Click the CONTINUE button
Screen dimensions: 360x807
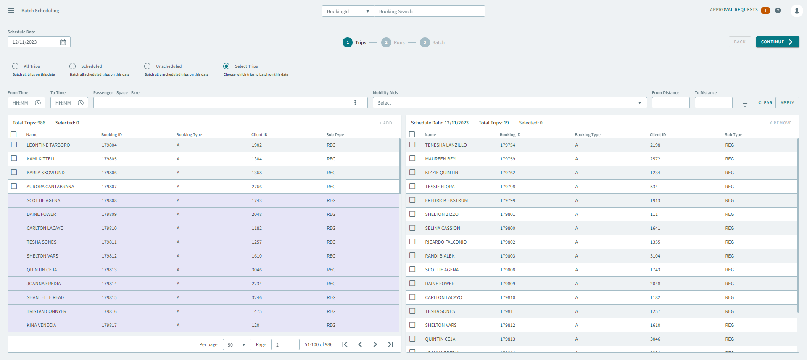[x=777, y=42]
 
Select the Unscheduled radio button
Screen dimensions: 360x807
[x=147, y=66]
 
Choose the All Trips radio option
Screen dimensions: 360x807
[x=16, y=66]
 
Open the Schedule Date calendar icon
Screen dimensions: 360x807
[x=63, y=42]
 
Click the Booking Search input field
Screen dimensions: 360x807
[x=429, y=11]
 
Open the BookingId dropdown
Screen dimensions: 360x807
[x=348, y=11]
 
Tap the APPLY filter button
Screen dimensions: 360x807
[x=787, y=103]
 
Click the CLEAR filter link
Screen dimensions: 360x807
[x=765, y=103]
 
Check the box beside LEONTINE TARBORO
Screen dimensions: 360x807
[x=14, y=145]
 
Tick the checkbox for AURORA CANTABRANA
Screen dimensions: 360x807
[x=14, y=186]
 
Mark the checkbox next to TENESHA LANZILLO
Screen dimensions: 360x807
[x=412, y=145]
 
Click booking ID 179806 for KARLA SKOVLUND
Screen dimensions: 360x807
[x=109, y=173]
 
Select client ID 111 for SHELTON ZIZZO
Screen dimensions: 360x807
[x=654, y=214]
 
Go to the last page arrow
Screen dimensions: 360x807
[x=390, y=344]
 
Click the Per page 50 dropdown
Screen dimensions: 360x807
[x=237, y=345]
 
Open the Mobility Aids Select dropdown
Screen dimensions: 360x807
[x=509, y=103]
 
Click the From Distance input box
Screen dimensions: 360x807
[x=670, y=103]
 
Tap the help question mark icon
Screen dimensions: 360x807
[x=778, y=11]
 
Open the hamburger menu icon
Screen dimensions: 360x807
[x=11, y=11]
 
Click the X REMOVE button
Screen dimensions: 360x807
[x=780, y=123]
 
